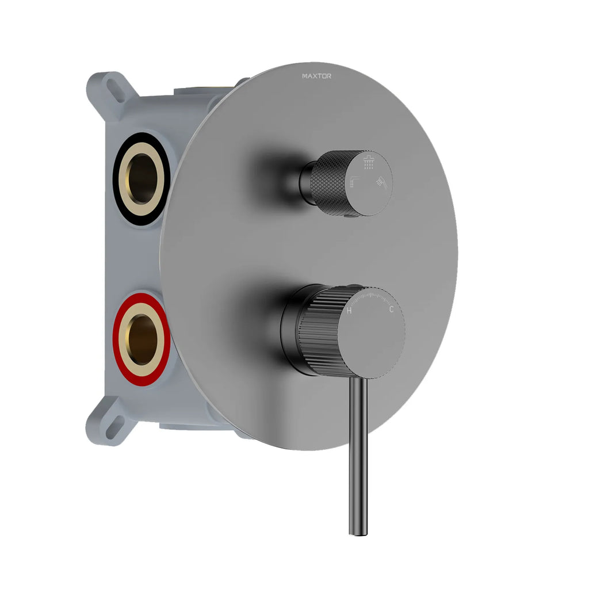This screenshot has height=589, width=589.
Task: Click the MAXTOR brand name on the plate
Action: click(x=316, y=75)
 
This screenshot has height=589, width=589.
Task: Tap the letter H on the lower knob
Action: click(x=349, y=311)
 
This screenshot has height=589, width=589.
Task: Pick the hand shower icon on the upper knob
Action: click(x=381, y=181)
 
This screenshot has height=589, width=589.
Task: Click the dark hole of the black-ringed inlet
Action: click(x=142, y=178)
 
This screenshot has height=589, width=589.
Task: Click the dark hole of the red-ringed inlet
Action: click(x=144, y=340)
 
